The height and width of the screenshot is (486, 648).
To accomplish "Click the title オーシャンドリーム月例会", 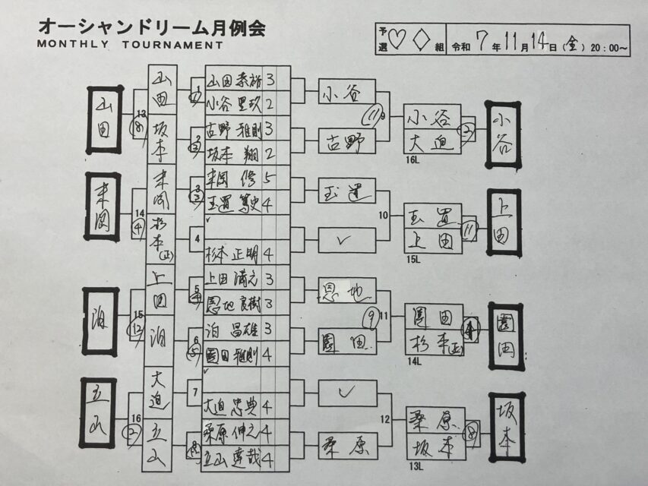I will point(151,28).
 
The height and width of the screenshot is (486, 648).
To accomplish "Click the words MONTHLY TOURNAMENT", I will point(130,45).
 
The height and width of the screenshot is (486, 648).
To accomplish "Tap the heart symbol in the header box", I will point(401,38).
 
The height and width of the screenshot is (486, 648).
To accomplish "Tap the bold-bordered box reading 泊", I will point(100,321).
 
